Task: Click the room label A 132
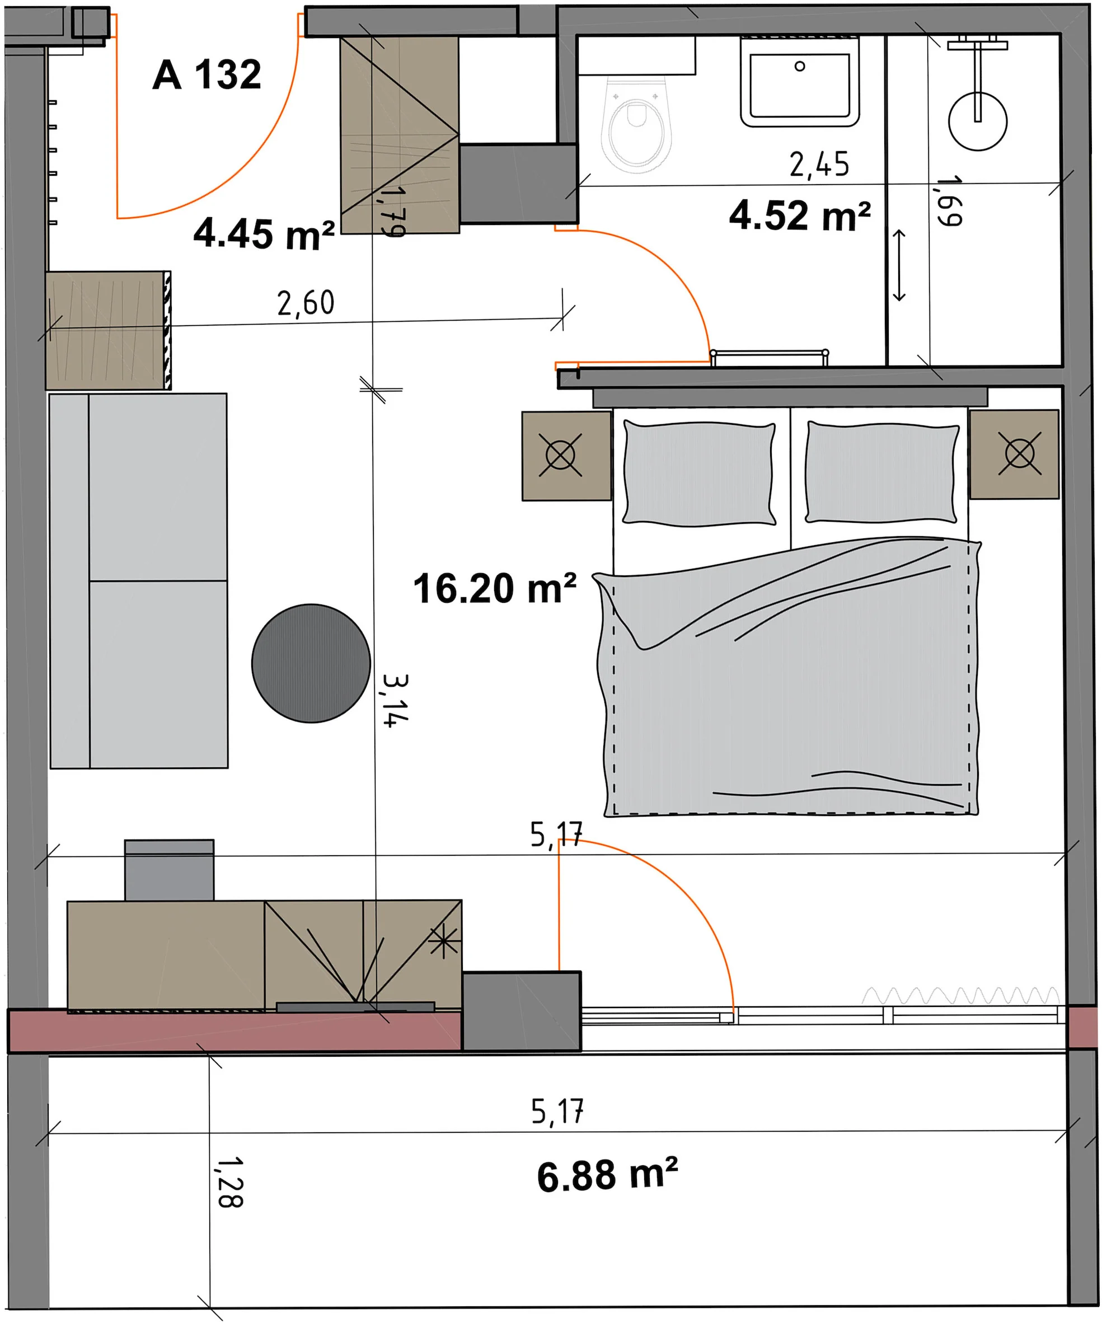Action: (x=207, y=75)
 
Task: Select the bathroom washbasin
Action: (x=799, y=82)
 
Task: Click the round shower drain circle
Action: (x=977, y=121)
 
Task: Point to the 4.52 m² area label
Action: (x=800, y=215)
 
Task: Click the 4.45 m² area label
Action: (x=264, y=233)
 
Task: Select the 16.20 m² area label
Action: (x=495, y=588)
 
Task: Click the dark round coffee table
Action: (x=311, y=663)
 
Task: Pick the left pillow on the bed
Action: (x=698, y=474)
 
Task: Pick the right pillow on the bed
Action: (x=881, y=472)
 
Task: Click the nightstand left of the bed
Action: (x=566, y=456)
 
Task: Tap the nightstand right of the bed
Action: (x=1014, y=454)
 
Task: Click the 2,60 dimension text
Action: (x=306, y=303)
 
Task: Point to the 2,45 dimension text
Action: (x=819, y=165)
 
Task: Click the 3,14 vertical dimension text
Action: (x=395, y=701)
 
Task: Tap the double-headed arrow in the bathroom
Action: (x=899, y=265)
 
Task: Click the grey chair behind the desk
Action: (x=169, y=870)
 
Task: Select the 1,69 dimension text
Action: (x=949, y=200)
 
